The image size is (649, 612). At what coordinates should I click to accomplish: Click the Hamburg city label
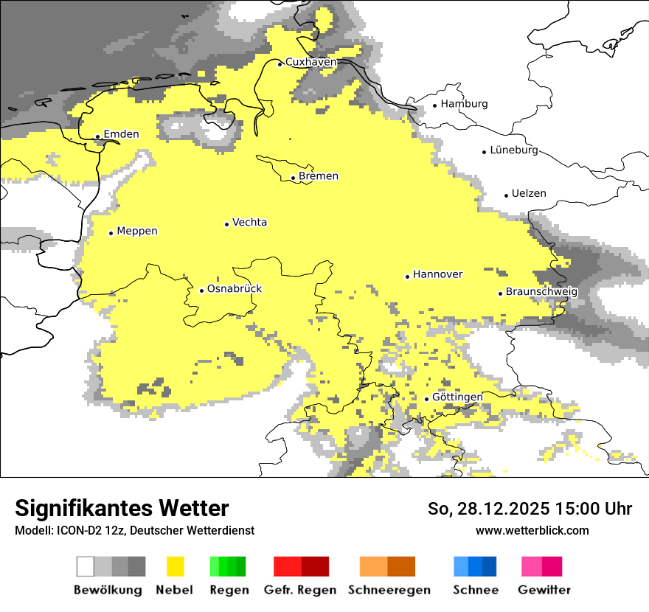[x=464, y=104]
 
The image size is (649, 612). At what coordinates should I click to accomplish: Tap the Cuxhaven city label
[x=310, y=63]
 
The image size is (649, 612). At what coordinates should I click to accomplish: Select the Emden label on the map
[x=121, y=134]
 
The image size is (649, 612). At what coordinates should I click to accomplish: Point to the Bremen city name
[x=319, y=176]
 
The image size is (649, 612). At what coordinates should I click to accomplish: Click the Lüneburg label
[x=514, y=150]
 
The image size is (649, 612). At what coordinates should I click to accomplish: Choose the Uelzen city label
[x=529, y=194]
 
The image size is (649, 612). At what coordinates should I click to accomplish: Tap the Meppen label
[x=137, y=232]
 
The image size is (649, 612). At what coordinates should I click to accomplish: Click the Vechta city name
[x=249, y=223]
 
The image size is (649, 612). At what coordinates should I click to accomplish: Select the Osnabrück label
[x=235, y=289]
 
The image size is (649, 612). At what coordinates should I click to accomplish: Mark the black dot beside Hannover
[x=407, y=277]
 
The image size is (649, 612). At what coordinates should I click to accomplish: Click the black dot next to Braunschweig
[x=500, y=293]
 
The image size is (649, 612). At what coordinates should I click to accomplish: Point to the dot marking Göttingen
[x=426, y=399]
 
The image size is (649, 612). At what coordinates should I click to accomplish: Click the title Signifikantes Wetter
[x=122, y=509]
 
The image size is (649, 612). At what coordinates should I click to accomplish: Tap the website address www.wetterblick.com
[x=532, y=531]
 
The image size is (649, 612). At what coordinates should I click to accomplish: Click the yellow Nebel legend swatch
[x=175, y=566]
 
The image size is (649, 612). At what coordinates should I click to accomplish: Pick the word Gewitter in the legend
[x=544, y=590]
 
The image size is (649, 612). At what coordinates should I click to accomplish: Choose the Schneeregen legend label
[x=389, y=590]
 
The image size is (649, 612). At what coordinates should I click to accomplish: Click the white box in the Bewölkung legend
[x=86, y=566]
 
